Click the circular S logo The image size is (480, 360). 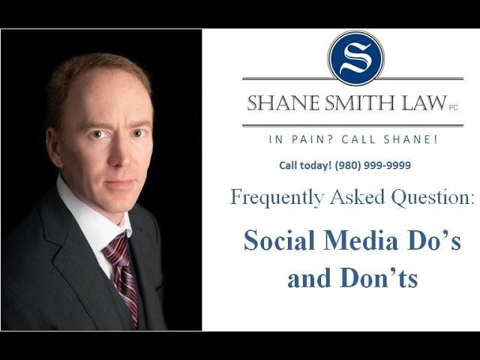355,58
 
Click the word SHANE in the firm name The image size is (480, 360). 282,103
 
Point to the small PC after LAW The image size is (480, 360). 453,107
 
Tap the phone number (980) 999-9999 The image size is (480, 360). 373,165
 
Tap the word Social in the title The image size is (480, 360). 279,241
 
